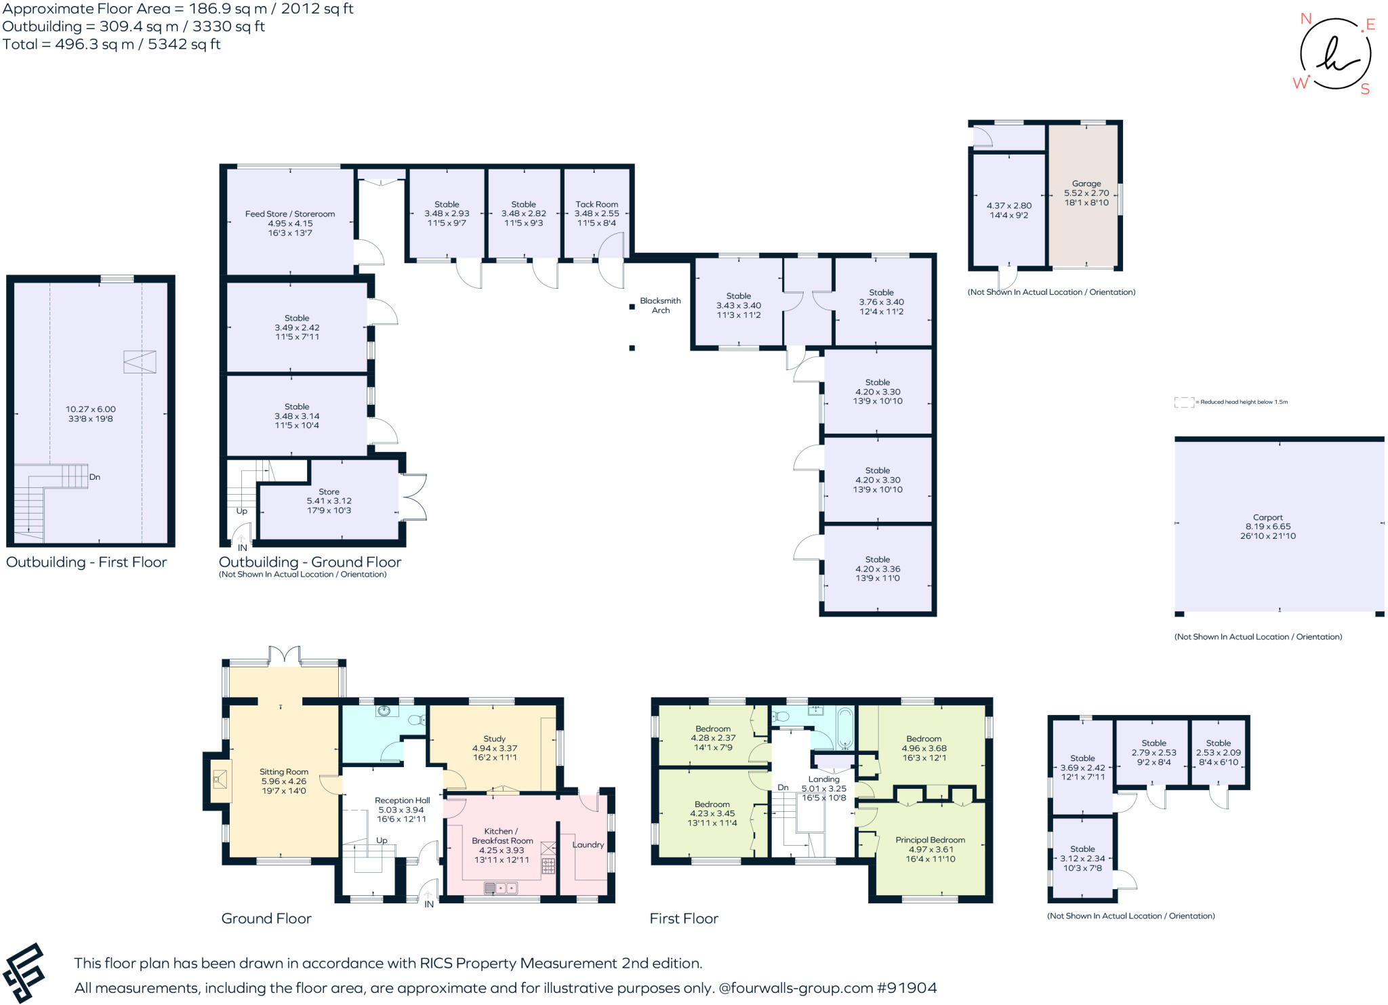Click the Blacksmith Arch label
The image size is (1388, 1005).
click(660, 306)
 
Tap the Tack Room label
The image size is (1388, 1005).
click(596, 204)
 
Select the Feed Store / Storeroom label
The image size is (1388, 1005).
click(290, 214)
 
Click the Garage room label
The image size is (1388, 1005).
click(1086, 184)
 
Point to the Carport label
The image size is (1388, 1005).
click(1267, 517)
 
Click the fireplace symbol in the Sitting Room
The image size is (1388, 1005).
click(219, 779)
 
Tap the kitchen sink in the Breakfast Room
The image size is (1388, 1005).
click(500, 888)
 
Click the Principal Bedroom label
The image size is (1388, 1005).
click(930, 840)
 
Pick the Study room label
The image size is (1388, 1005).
click(494, 739)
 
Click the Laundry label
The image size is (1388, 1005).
click(588, 844)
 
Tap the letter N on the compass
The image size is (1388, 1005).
click(1305, 19)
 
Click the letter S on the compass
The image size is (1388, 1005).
click(1365, 89)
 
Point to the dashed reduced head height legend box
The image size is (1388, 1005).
click(1183, 402)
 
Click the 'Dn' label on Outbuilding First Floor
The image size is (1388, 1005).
click(95, 477)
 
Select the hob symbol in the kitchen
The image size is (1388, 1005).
click(548, 865)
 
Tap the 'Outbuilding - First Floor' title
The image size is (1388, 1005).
click(86, 562)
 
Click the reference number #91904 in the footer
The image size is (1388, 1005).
click(907, 988)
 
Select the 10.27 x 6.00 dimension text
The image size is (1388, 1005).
click(90, 409)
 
